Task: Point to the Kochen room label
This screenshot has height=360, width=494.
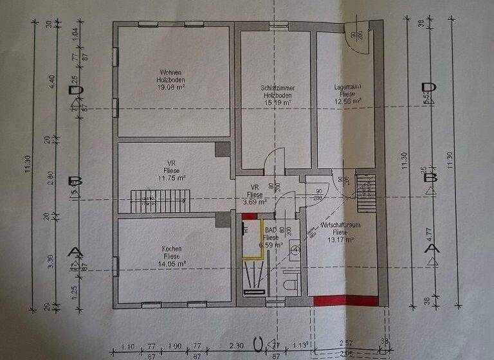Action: click(x=172, y=249)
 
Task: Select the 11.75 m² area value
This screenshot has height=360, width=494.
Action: click(x=171, y=178)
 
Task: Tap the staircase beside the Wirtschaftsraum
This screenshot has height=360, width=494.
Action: click(x=365, y=192)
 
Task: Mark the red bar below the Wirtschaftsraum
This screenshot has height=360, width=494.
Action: click(x=345, y=300)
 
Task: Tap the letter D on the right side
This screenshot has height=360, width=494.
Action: click(x=428, y=88)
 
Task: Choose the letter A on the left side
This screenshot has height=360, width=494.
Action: click(x=75, y=251)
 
